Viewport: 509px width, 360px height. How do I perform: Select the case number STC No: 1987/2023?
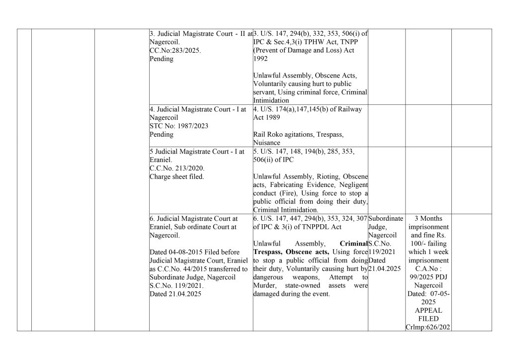(173, 126)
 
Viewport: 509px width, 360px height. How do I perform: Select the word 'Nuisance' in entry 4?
(266, 143)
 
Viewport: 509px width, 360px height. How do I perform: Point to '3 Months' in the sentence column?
(428, 218)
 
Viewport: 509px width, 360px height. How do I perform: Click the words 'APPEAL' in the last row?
(428, 310)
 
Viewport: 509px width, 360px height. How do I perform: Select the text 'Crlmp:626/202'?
(428, 327)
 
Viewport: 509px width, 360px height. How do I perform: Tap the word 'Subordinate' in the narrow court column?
(386, 218)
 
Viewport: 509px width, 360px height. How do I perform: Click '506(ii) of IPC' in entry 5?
(273, 160)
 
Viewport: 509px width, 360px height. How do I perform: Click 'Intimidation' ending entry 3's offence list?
(271, 100)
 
